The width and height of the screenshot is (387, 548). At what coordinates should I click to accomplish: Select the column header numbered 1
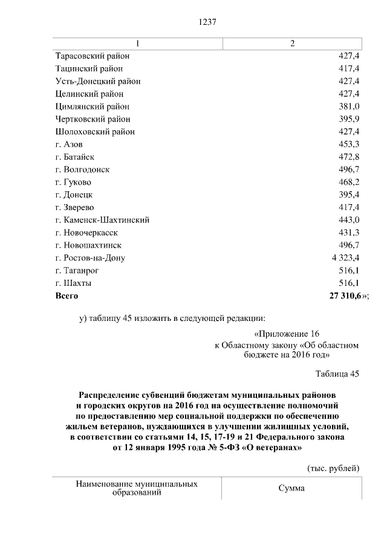(137, 44)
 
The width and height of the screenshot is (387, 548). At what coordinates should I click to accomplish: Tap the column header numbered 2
(293, 44)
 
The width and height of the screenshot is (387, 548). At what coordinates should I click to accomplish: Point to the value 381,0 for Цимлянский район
(349, 107)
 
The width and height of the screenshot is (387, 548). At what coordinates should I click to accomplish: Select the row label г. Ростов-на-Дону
(89, 258)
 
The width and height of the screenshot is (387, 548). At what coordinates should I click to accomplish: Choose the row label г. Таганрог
(77, 271)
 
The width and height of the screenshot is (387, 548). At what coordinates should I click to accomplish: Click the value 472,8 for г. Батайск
(349, 157)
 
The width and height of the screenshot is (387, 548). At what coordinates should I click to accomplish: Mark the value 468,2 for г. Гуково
(349, 182)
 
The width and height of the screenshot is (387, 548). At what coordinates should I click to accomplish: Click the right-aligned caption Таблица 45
(337, 374)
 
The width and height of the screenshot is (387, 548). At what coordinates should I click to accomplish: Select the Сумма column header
(292, 489)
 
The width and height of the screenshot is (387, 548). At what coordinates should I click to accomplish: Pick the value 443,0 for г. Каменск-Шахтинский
(349, 220)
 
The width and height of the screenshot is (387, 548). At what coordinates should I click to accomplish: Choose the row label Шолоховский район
(94, 131)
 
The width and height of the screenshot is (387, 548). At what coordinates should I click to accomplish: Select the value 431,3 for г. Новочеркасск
(349, 233)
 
